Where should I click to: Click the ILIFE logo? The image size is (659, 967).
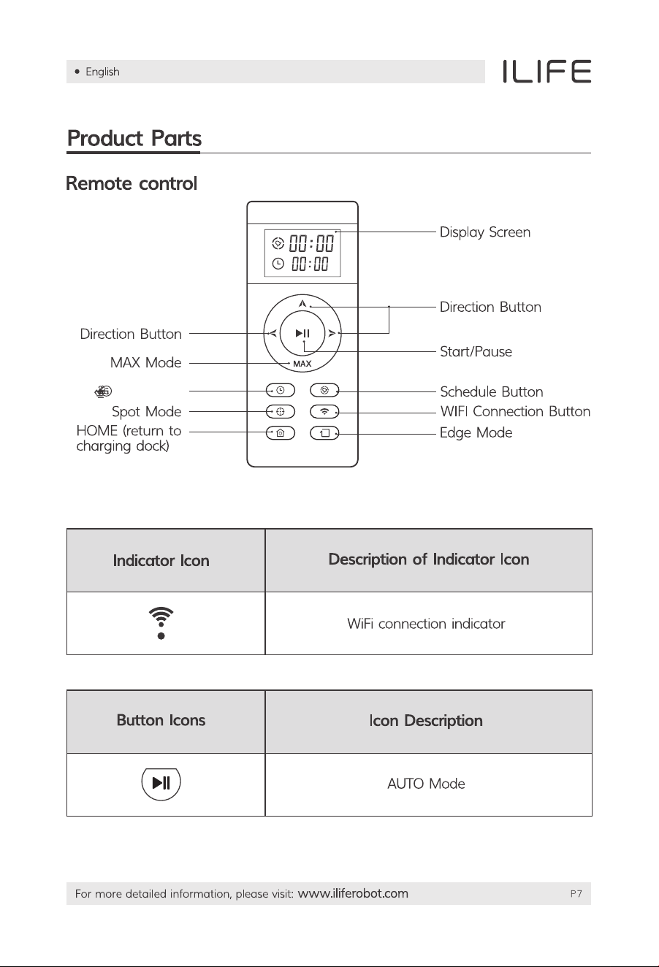click(x=546, y=72)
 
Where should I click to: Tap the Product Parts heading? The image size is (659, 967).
click(x=134, y=139)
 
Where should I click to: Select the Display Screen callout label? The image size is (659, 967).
click(x=485, y=232)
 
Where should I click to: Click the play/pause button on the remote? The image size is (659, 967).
click(x=302, y=333)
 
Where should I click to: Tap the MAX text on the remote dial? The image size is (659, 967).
click(x=302, y=364)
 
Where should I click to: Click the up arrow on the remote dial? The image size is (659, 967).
click(x=302, y=304)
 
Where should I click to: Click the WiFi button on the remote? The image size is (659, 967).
click(x=324, y=412)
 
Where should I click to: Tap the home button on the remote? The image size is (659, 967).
click(x=281, y=432)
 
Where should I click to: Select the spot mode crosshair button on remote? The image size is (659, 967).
click(x=281, y=412)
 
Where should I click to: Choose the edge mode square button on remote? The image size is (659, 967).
click(x=324, y=432)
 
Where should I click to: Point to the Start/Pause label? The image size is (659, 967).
click(x=476, y=351)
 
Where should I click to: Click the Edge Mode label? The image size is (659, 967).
click(x=476, y=432)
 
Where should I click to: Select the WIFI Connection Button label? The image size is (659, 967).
click(x=515, y=411)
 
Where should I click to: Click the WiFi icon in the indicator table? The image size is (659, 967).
click(x=161, y=623)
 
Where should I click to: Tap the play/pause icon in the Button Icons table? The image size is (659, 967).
click(x=161, y=782)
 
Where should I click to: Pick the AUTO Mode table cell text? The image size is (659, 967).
click(x=426, y=784)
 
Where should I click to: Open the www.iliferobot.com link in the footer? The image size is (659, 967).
click(x=353, y=893)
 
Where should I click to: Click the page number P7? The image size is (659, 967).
click(x=576, y=894)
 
